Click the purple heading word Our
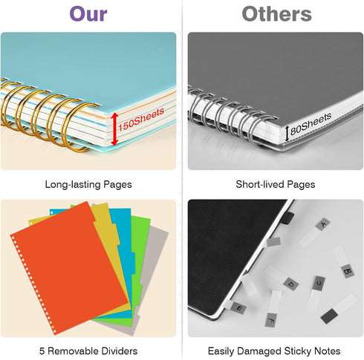(x=88, y=14)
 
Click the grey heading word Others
(x=276, y=14)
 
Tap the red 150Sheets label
(x=141, y=120)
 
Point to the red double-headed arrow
(x=114, y=128)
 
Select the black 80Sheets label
(x=311, y=124)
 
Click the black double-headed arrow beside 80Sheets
(x=287, y=134)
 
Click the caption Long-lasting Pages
(x=88, y=185)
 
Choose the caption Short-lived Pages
(x=276, y=185)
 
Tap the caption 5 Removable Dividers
(x=88, y=351)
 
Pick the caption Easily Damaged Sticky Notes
(x=274, y=351)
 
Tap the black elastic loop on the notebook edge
(x=289, y=218)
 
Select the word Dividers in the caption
(x=121, y=351)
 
